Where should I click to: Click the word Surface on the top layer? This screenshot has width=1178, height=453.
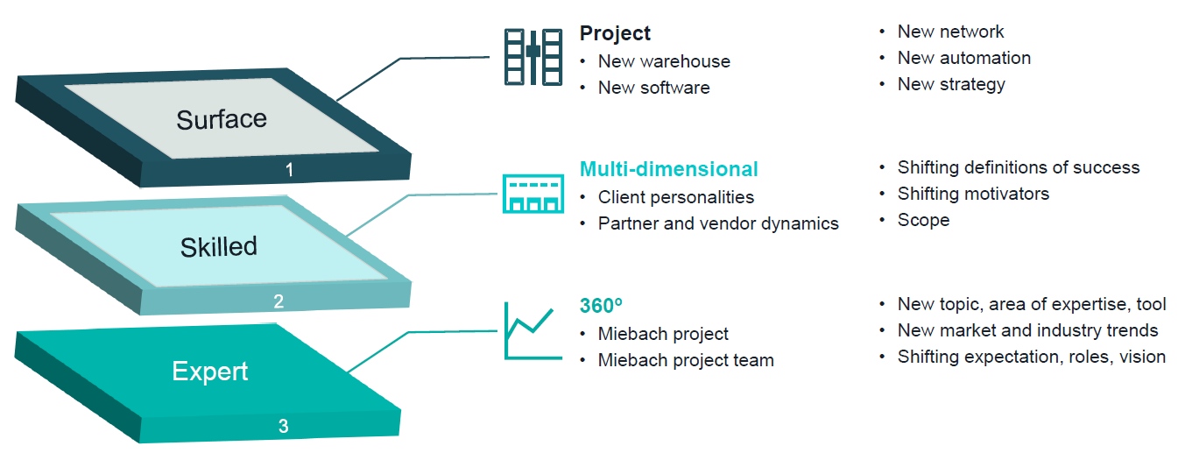pos(222,119)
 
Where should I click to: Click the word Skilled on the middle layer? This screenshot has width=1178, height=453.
pos(219,247)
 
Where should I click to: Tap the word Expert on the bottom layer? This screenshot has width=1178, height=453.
pos(210,371)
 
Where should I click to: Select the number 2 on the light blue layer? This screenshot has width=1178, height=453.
pos(279,301)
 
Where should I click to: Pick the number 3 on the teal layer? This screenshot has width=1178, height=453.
pos(283,427)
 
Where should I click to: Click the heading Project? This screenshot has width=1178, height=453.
pos(615,33)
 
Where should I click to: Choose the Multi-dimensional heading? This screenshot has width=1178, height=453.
pos(668,168)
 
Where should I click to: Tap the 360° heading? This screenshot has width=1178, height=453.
pos(601,306)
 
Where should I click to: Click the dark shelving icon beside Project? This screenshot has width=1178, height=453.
pos(532,56)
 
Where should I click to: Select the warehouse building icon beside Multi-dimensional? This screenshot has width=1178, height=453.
pos(530,193)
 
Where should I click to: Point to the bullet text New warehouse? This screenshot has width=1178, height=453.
pos(664,61)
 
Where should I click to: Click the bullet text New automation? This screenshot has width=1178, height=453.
pos(963,58)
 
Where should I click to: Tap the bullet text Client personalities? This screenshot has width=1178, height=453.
pos(675,197)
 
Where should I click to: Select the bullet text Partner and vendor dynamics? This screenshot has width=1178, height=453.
pos(718,223)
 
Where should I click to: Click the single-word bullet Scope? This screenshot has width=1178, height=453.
pos(923,220)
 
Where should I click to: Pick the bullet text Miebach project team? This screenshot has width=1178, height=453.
pos(686,360)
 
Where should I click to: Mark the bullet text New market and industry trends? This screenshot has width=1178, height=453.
pos(1027,330)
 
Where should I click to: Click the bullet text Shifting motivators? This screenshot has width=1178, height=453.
pos(973,194)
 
